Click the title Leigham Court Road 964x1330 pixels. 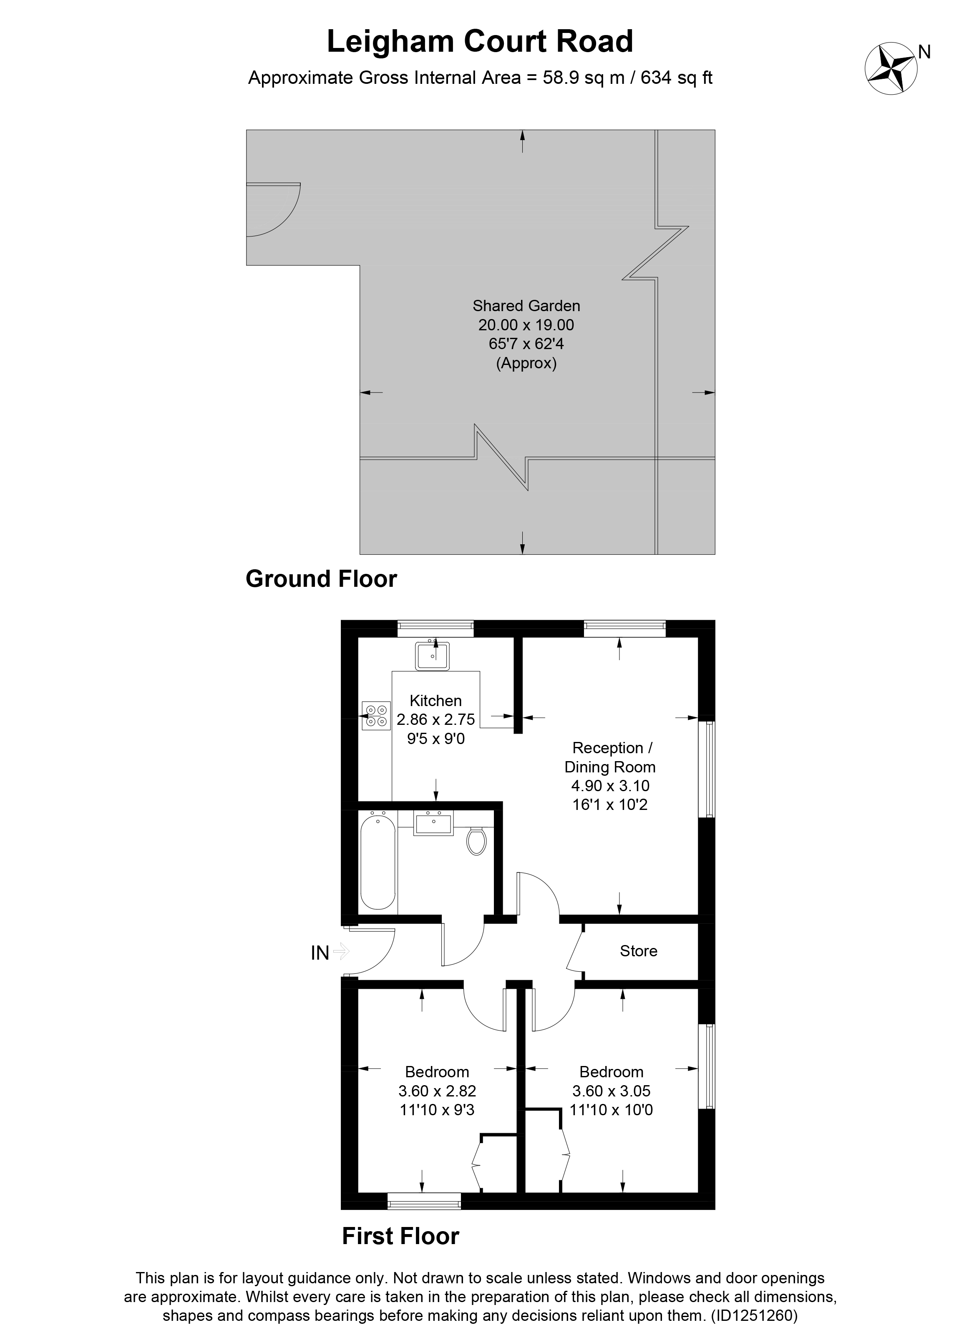(480, 42)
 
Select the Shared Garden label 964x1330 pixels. (526, 306)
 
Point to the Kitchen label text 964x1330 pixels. (435, 700)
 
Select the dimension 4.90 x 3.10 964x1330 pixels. (610, 786)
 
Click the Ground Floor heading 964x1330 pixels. (321, 579)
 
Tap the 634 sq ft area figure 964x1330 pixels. (676, 78)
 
